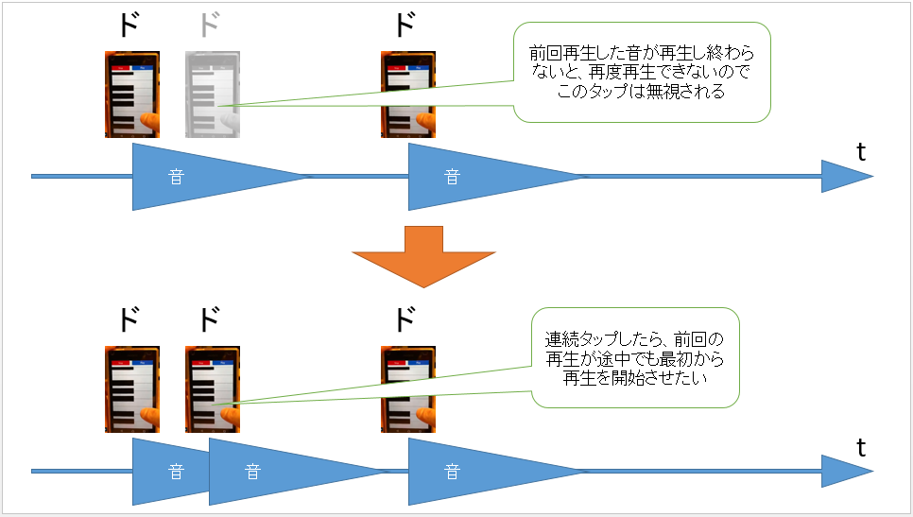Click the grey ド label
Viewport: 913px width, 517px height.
(x=210, y=26)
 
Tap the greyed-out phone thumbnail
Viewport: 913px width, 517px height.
(x=213, y=94)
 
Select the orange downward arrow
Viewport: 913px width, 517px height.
(x=423, y=256)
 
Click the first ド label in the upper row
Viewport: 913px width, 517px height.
(x=130, y=26)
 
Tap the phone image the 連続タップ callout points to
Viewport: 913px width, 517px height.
(x=213, y=388)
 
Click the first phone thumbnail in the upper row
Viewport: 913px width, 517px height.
(x=132, y=94)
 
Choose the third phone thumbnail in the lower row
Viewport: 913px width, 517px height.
(x=408, y=388)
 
